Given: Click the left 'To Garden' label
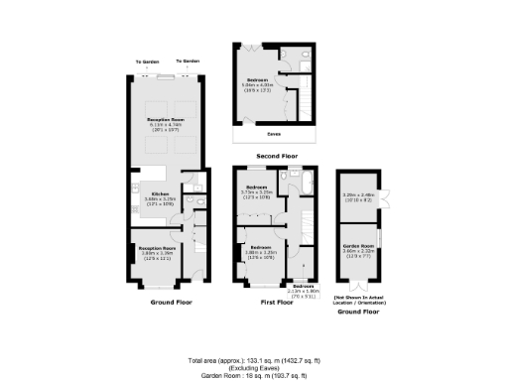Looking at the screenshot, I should click(x=149, y=62).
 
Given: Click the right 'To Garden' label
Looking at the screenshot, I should click(x=190, y=62).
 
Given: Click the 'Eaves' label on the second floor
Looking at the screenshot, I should click(x=273, y=130).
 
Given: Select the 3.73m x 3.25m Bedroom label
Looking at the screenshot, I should click(x=256, y=190).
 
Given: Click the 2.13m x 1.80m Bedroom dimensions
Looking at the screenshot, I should click(x=301, y=290).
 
